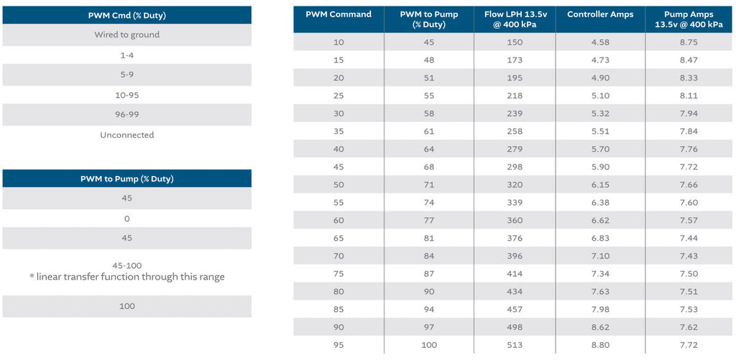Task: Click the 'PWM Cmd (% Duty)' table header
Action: click(126, 15)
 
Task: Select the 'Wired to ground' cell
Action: click(126, 34)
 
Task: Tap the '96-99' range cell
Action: click(126, 114)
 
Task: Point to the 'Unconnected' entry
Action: click(126, 135)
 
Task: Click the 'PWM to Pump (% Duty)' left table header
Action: click(126, 178)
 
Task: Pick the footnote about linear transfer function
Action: click(126, 277)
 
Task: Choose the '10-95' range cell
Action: click(126, 95)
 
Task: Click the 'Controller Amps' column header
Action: click(601, 14)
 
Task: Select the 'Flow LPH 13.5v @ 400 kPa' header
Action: click(515, 19)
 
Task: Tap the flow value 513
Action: click(515, 345)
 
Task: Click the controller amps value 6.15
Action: click(601, 185)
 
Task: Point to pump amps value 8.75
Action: click(689, 42)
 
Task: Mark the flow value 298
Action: click(515, 167)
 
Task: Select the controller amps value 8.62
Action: click(601, 327)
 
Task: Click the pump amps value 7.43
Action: click(689, 256)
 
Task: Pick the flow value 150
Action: click(515, 42)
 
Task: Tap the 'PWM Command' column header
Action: click(339, 14)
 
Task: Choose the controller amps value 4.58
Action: click(601, 42)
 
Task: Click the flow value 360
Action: click(515, 220)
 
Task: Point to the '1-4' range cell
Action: click(126, 55)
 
